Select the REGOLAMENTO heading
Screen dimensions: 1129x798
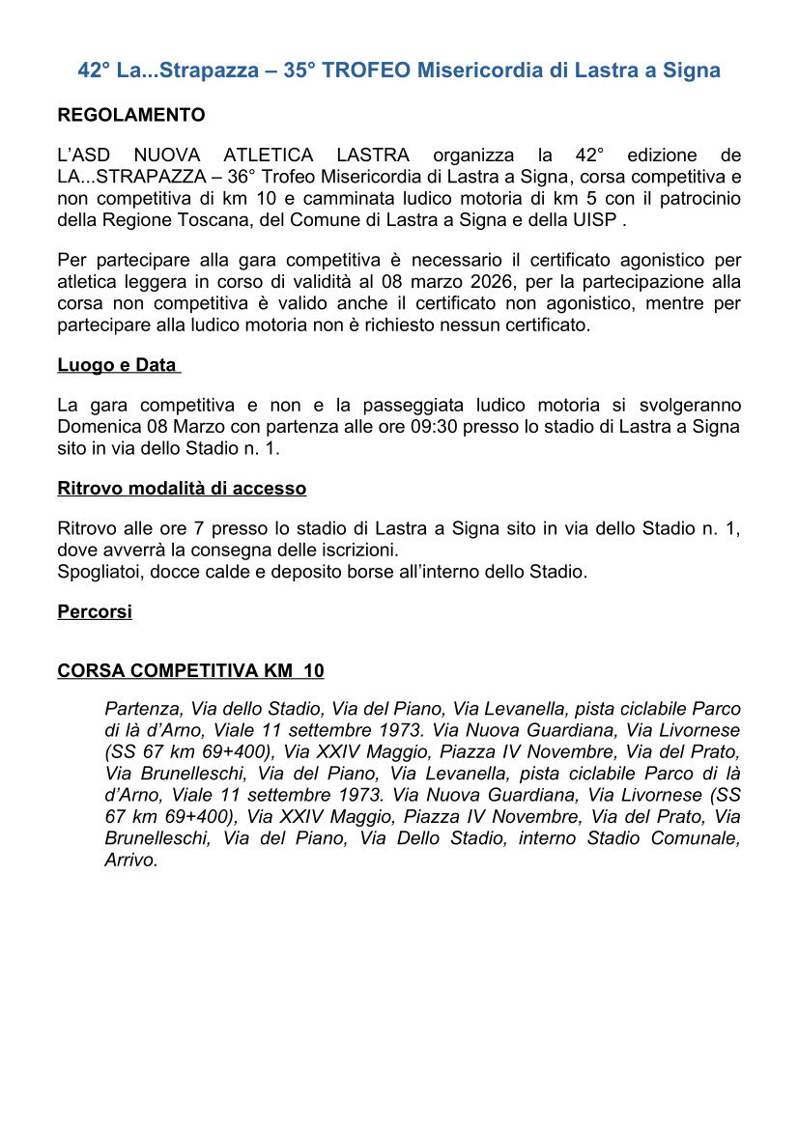click(131, 115)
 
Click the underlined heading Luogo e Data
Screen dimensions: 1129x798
click(117, 365)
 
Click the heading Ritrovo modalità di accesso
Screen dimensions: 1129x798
click(182, 488)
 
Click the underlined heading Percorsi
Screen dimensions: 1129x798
click(95, 611)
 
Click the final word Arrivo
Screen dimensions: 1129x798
click(130, 860)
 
